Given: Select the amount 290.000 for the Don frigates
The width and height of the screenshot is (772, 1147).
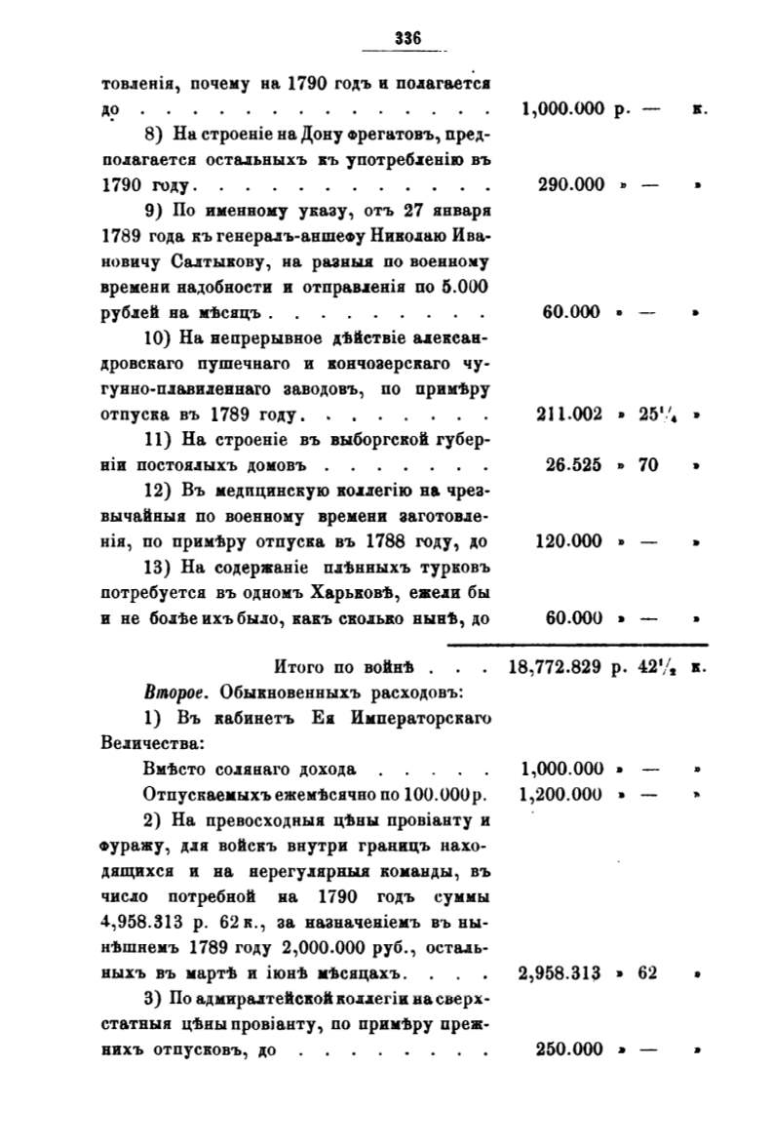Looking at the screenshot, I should coord(571,184).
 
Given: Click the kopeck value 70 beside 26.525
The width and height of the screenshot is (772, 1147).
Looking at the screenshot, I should coord(648,465).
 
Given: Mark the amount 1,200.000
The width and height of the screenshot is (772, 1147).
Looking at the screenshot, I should coord(563,795).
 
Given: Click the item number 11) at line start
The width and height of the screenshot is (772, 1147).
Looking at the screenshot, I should coord(158,440).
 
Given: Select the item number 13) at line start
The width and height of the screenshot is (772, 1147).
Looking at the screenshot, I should coord(158,567).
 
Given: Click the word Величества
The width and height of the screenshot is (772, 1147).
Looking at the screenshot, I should coord(151,744).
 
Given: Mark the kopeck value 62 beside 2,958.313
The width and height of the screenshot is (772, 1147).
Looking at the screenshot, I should coord(648,972).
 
